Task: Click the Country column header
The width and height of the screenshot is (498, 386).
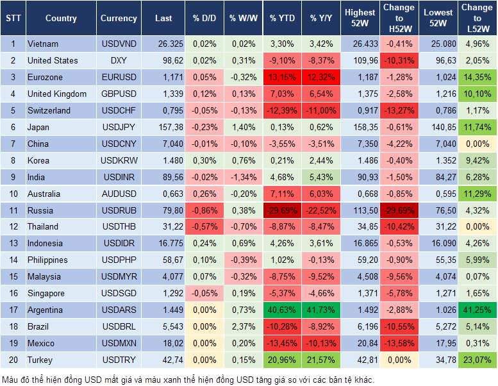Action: click(61, 19)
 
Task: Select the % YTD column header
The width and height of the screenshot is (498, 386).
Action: click(282, 19)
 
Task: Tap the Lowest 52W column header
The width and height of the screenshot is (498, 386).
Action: click(439, 19)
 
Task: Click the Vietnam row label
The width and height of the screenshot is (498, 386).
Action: click(43, 44)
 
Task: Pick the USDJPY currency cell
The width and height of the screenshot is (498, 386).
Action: click(119, 127)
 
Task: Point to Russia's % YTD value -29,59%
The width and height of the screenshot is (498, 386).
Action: click(282, 210)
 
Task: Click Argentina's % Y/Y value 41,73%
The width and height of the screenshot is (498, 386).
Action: click(322, 310)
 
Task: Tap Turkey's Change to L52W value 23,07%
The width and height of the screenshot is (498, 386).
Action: click(477, 360)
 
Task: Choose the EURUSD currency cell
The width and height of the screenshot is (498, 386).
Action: click(119, 78)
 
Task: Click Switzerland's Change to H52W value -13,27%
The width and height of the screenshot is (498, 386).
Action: click(399, 110)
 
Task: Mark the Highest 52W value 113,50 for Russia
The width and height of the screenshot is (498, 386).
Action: click(360, 210)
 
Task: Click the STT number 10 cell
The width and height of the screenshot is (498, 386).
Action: click(13, 194)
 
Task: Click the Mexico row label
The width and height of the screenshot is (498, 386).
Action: click(41, 343)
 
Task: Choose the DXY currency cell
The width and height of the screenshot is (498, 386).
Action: click(119, 61)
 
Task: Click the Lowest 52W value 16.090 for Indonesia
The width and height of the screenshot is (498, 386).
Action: click(439, 243)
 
